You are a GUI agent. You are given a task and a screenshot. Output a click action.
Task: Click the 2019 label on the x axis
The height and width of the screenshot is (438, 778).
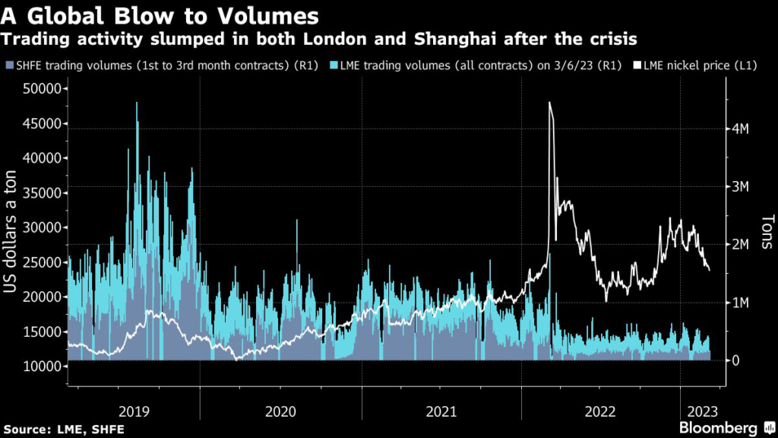pyautogui.click(x=134, y=411)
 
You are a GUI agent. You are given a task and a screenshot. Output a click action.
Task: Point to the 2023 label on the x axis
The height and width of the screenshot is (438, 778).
pyautogui.click(x=701, y=411)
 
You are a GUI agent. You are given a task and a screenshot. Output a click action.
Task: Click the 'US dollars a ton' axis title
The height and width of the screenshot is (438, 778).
pyautogui.click(x=14, y=228)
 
